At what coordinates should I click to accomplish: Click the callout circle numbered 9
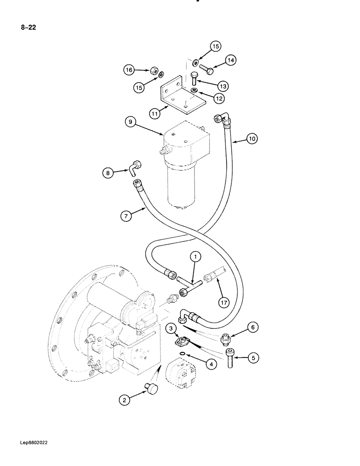pos(131,122)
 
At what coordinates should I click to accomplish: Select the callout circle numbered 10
pos(252,139)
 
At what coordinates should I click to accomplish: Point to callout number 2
pos(124,399)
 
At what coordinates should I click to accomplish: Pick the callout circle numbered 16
pos(129,70)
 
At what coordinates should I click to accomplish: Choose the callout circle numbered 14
pos(231,60)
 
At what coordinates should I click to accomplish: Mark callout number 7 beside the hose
pos(125,215)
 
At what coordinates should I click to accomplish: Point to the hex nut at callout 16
pos(152,70)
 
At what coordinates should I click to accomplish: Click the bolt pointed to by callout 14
pos(206,71)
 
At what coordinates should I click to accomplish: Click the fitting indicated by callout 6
pos(227,337)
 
